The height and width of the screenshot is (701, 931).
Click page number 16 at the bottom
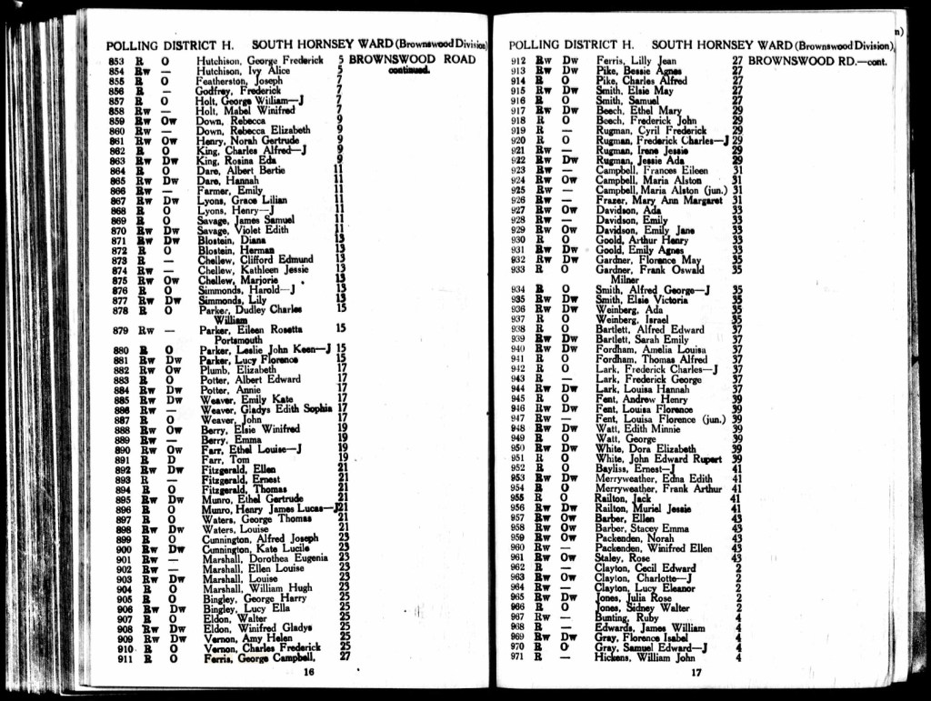(308, 672)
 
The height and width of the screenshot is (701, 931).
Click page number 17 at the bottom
(696, 673)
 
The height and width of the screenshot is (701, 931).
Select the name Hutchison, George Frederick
(260, 60)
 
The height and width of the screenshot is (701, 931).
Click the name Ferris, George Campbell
(256, 656)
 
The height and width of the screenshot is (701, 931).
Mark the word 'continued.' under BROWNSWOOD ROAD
(409, 70)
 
